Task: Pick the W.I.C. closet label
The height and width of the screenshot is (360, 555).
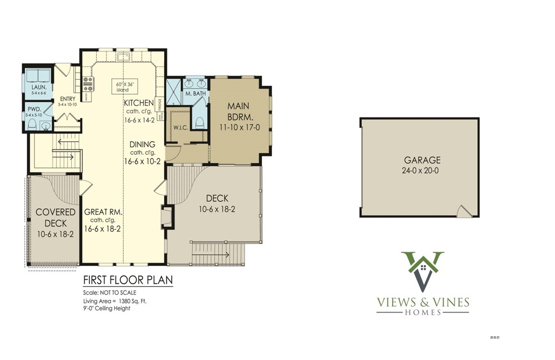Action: click(x=180, y=128)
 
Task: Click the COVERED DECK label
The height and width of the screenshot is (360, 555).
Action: click(x=55, y=217)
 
